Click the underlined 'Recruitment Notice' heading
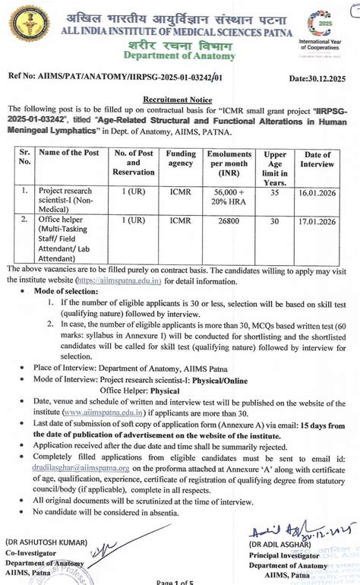click(x=178, y=100)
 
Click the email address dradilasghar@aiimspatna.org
click(x=90, y=470)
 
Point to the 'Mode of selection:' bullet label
click(x=65, y=292)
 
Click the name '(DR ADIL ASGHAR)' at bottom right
click(x=283, y=544)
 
